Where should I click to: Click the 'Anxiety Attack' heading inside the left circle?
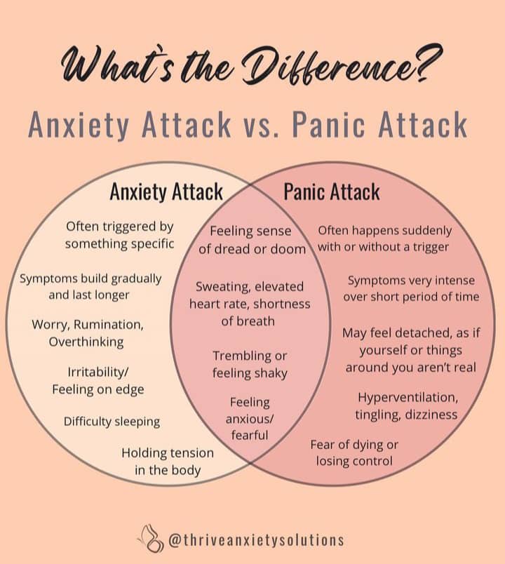pyautogui.click(x=166, y=192)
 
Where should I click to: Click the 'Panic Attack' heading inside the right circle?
pyautogui.click(x=332, y=192)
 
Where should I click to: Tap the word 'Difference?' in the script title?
pyautogui.click(x=340, y=65)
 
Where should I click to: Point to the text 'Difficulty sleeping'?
pyautogui.click(x=112, y=422)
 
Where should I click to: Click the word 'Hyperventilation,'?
pyautogui.click(x=408, y=398)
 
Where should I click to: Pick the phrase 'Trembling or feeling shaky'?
pyautogui.click(x=250, y=364)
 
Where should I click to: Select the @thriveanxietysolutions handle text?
pyautogui.click(x=256, y=540)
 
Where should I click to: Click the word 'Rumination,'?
pyautogui.click(x=109, y=325)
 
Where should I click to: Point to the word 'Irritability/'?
pyautogui.click(x=97, y=372)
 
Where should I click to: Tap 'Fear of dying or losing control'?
pyautogui.click(x=354, y=453)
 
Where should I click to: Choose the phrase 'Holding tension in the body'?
pyautogui.click(x=168, y=462)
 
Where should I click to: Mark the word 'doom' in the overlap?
pyautogui.click(x=288, y=249)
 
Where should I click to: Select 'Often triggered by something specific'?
pyautogui.click(x=120, y=235)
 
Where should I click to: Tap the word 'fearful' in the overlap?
pyautogui.click(x=250, y=435)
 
